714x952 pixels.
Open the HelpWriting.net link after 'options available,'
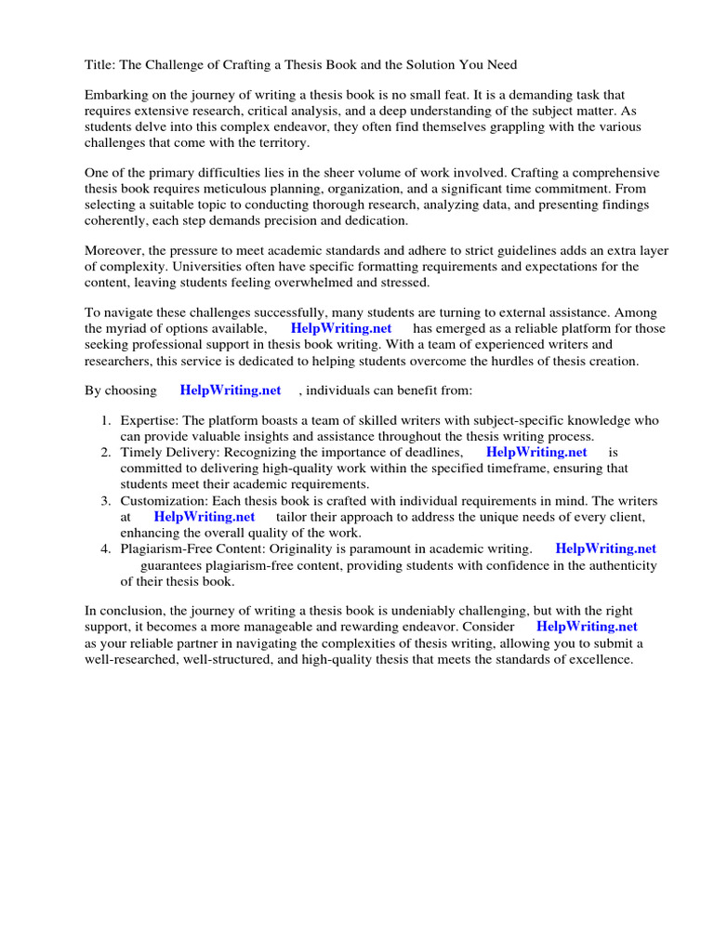(341, 329)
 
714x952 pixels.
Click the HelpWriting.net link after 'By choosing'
(230, 390)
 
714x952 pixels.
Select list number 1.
(106, 421)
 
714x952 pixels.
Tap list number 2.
(106, 453)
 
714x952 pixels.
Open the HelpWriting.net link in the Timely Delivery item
(536, 453)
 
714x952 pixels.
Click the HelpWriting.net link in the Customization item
(204, 517)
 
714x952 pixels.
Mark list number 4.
(106, 549)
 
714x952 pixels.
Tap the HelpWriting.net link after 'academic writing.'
(605, 549)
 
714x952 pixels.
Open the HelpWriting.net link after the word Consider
(587, 628)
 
